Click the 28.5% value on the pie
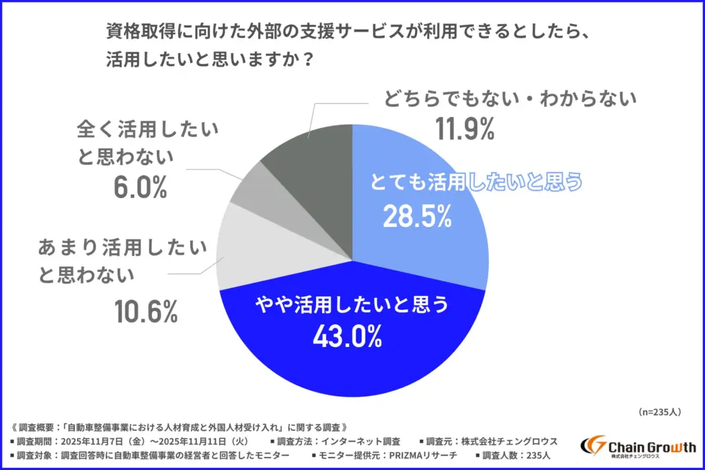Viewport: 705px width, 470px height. [417, 217]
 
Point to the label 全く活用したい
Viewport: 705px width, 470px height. [149, 128]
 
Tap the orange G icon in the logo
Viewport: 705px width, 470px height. [593, 447]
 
